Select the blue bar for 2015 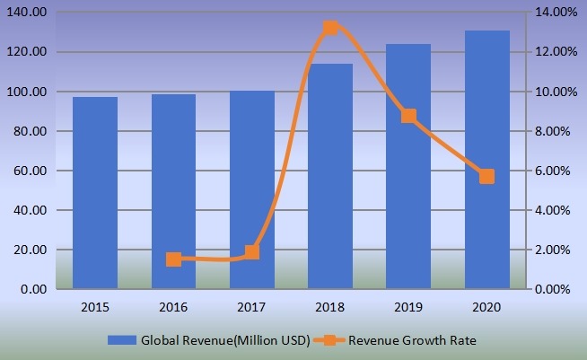tap(95, 193)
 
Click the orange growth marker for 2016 tap(173, 259)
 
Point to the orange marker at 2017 tap(252, 252)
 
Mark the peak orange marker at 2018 tap(330, 28)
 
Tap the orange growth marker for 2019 tap(408, 116)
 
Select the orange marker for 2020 tap(487, 176)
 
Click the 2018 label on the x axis tap(330, 307)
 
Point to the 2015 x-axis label tap(95, 307)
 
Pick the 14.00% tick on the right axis tap(556, 13)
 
